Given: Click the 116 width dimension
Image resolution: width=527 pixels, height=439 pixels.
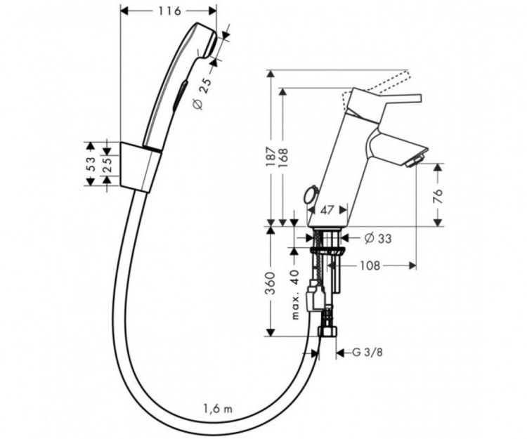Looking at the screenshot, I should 169,11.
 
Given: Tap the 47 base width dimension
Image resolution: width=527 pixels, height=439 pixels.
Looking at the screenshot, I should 325,209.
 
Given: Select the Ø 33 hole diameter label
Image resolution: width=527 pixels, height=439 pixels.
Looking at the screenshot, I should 378,238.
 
